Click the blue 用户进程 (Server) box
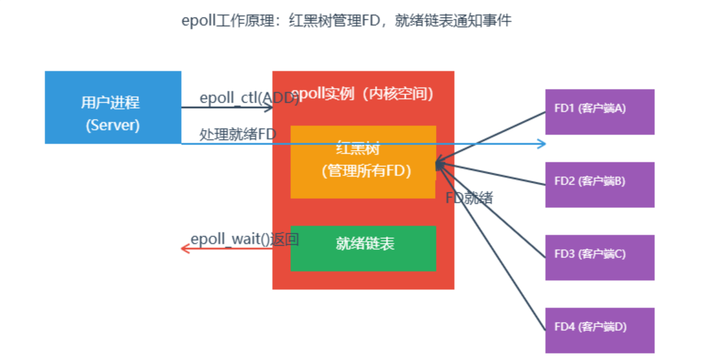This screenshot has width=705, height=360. [x=113, y=107]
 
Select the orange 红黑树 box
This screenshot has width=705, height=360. [x=363, y=161]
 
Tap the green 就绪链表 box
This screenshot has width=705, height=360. [x=363, y=248]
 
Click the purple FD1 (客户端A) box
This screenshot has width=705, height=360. [x=599, y=112]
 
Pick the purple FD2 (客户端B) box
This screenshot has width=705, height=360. [x=599, y=185]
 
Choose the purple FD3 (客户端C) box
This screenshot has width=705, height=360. [x=599, y=257]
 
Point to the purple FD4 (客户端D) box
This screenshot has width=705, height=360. [x=599, y=330]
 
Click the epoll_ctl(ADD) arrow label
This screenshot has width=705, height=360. [x=249, y=98]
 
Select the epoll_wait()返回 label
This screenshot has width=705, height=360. [x=245, y=239]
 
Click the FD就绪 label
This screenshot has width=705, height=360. [x=469, y=198]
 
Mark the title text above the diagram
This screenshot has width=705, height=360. [x=346, y=21]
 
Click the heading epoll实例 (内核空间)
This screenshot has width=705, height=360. [x=363, y=94]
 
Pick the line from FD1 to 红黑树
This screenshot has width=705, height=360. [x=491, y=137]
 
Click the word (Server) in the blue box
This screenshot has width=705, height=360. [x=113, y=125]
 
